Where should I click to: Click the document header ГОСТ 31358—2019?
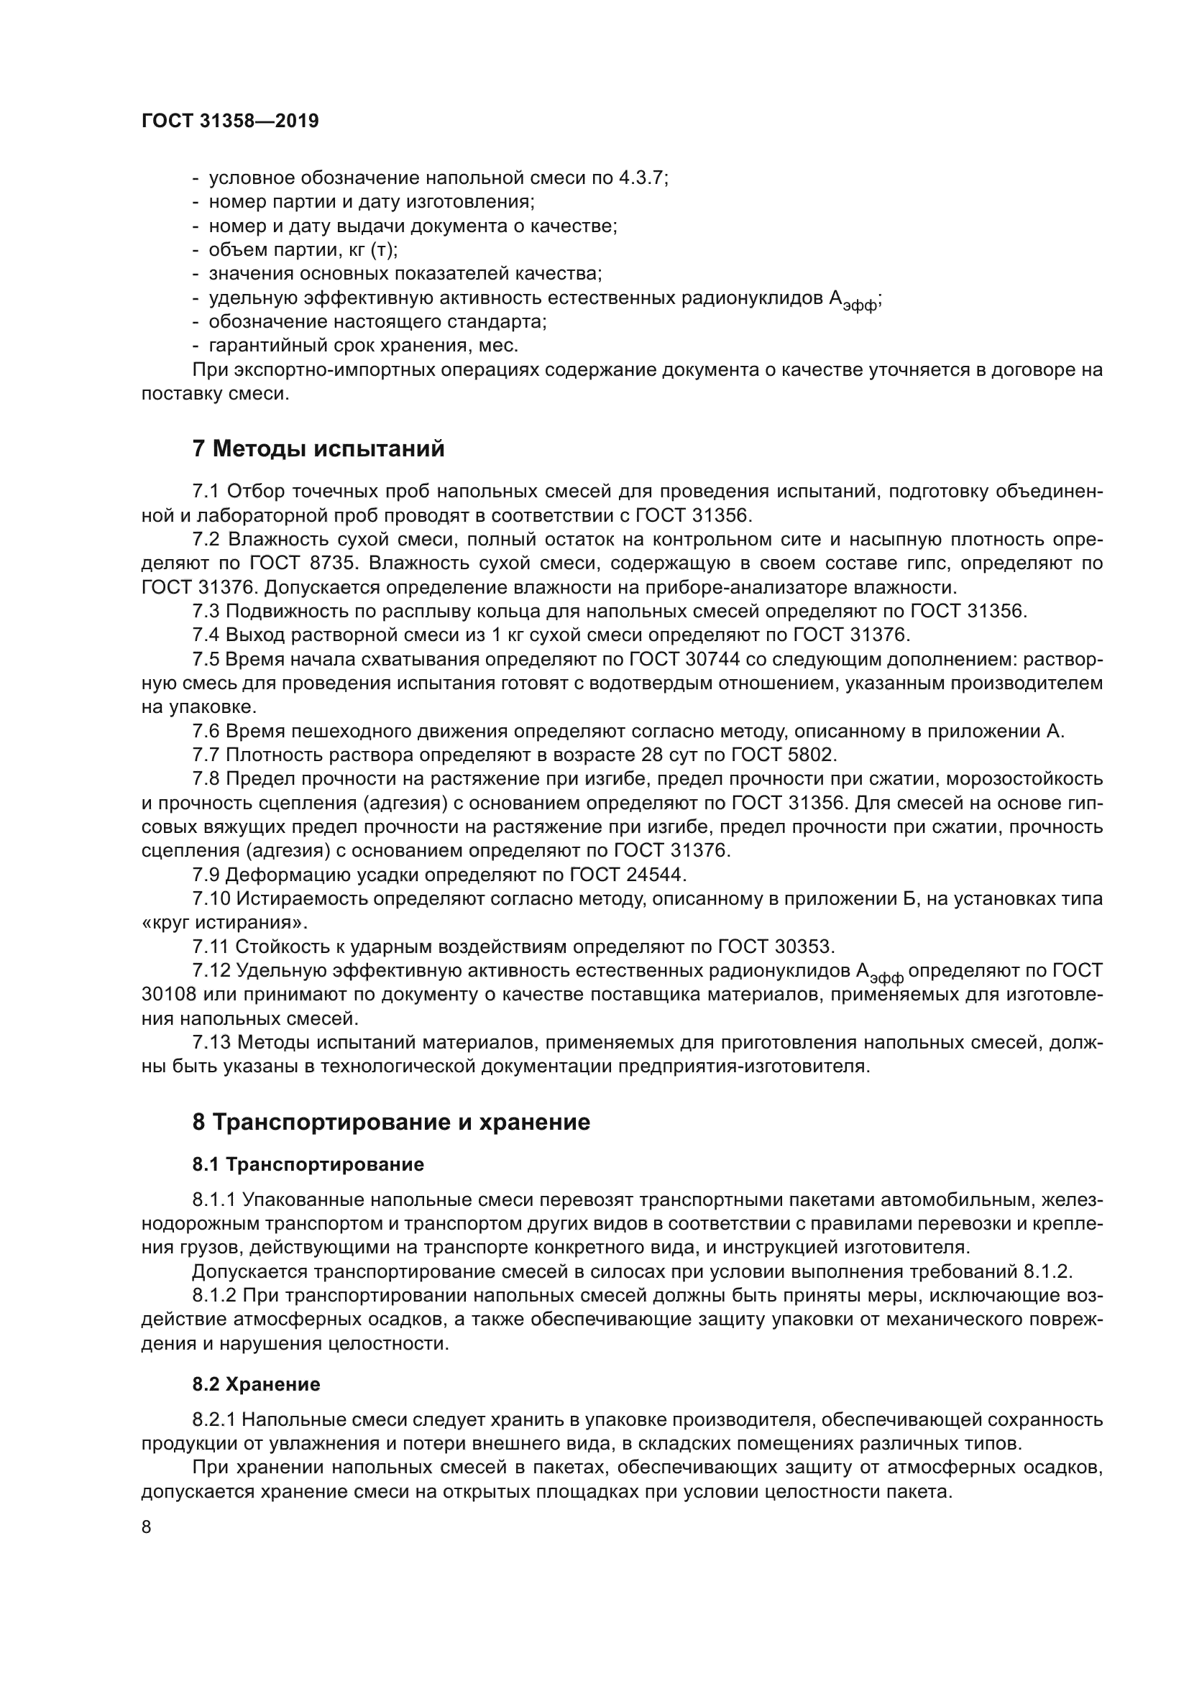pyautogui.click(x=230, y=121)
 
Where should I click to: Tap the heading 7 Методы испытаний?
pyautogui.click(x=318, y=448)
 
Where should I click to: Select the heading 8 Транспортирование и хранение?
pyautogui.click(x=391, y=1123)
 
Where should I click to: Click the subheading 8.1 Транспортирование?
pyautogui.click(x=308, y=1164)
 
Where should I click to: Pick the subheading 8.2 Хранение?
pyautogui.click(x=256, y=1384)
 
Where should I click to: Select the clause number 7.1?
pyautogui.click(x=206, y=492)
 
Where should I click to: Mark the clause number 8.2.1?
pyautogui.click(x=214, y=1420)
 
